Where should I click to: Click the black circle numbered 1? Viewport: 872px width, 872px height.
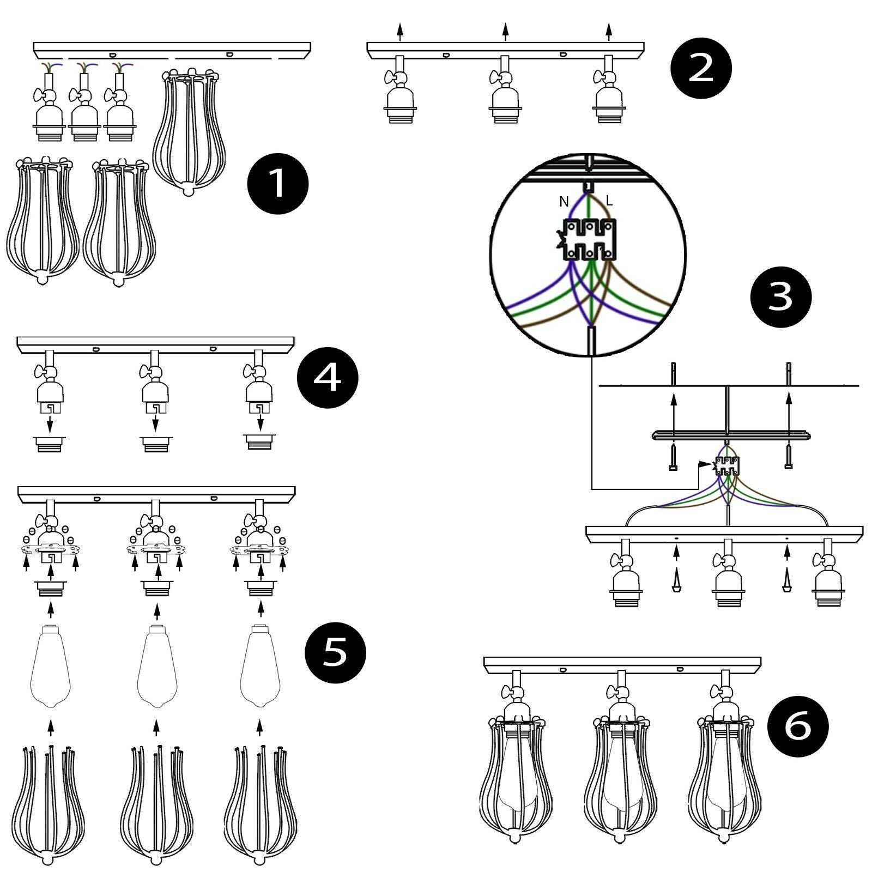point(278,184)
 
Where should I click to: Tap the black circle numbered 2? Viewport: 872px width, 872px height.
point(701,69)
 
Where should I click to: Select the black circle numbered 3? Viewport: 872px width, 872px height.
point(781,297)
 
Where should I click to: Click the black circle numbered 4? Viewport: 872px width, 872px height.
point(328,378)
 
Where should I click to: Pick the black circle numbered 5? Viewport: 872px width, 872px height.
point(335,652)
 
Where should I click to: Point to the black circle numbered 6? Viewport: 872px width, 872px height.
point(798,726)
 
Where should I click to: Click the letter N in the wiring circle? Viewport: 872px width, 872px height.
point(564,202)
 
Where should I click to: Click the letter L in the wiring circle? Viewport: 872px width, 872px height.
point(609,201)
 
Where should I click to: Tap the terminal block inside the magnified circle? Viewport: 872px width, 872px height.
point(590,239)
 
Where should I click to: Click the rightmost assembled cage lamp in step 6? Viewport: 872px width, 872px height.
point(723,774)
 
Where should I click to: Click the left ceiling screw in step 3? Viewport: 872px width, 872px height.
point(674,457)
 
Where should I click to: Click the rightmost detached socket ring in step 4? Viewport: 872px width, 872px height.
point(259,441)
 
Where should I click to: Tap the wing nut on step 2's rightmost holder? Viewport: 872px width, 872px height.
point(600,78)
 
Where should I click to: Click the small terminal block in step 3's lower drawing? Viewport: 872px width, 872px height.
point(727,467)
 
